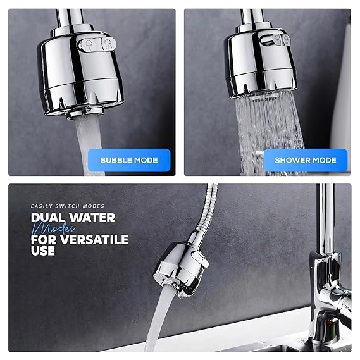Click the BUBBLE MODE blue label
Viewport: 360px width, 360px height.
click(129, 160)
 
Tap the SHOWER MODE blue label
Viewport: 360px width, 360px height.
click(306, 160)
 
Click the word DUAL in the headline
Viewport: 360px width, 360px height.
click(47, 218)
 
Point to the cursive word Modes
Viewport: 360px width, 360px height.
click(53, 228)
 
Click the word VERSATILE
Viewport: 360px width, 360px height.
click(94, 239)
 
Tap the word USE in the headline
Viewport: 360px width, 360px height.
click(43, 251)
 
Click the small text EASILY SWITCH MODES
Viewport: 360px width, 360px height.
click(68, 206)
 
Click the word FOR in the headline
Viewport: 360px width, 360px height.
click(44, 239)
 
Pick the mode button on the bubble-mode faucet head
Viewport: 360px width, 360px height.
click(97, 44)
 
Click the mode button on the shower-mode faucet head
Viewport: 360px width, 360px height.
click(275, 39)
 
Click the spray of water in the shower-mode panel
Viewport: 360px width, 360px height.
click(269, 133)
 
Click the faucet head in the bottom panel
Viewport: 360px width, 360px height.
click(182, 269)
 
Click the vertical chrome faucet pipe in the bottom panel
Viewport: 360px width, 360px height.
click(326, 218)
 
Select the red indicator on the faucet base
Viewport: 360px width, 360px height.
click(330, 325)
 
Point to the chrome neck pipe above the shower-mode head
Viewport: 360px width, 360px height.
click(252, 16)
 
